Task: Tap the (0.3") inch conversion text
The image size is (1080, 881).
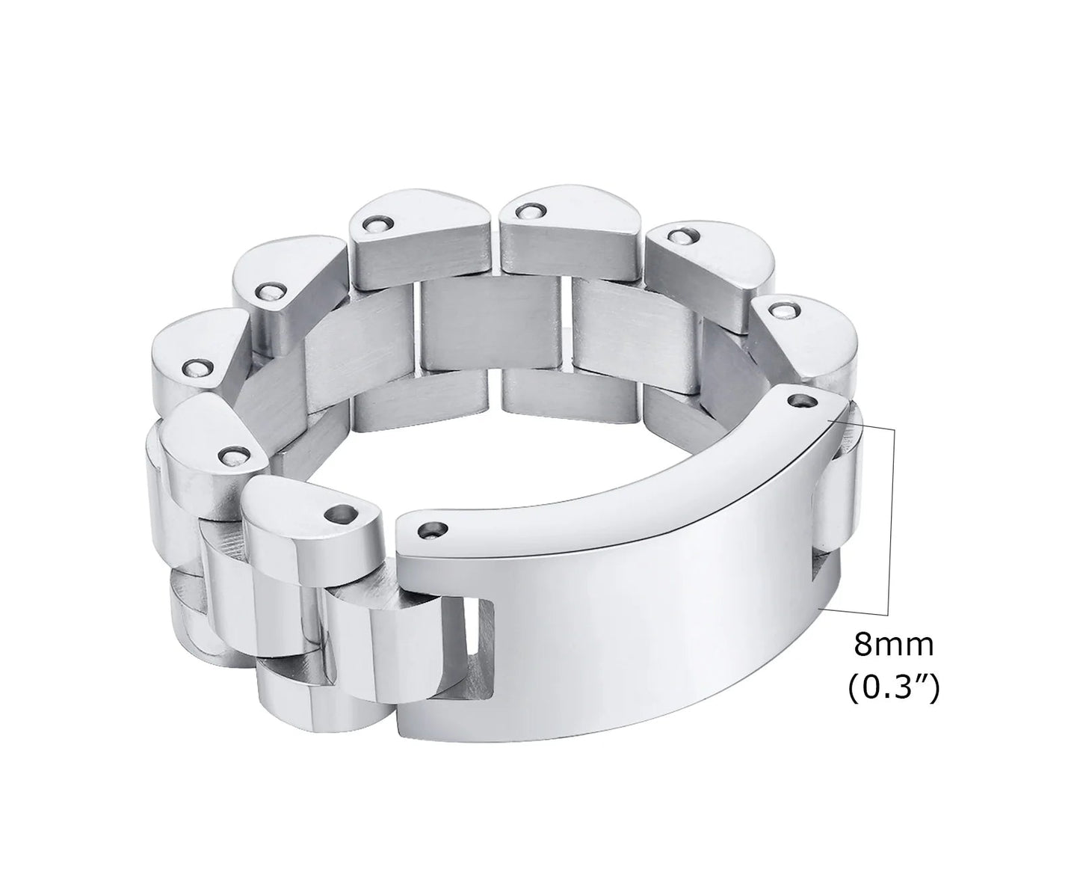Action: [893, 687]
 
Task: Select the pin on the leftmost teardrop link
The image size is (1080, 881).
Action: [197, 367]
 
